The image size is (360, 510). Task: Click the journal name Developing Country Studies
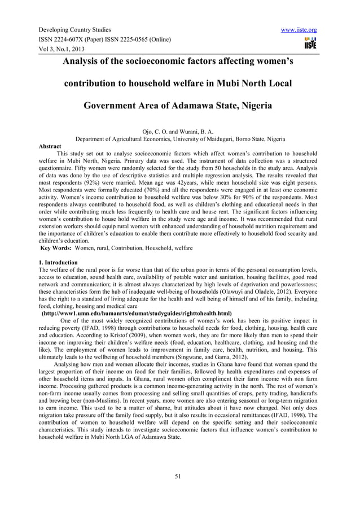[x=74, y=29]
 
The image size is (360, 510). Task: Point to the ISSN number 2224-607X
[x=75, y=40]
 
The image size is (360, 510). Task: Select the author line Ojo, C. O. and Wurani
[x=179, y=130]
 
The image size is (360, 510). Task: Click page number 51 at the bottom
[x=179, y=476]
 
